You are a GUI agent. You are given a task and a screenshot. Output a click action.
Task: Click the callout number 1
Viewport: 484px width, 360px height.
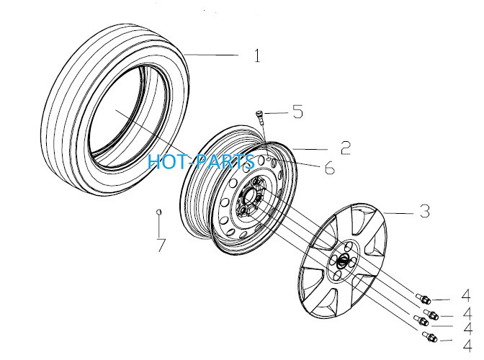(257, 56)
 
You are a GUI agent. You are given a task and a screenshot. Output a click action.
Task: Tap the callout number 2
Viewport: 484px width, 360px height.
(346, 148)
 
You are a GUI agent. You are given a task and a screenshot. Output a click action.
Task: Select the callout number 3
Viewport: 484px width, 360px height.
(425, 211)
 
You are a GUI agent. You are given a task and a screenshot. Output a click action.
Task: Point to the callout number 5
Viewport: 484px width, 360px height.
(297, 112)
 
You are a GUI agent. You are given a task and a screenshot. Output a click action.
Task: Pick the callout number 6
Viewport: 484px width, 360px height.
(329, 168)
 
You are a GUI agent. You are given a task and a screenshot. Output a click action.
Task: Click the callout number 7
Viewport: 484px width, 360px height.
(161, 245)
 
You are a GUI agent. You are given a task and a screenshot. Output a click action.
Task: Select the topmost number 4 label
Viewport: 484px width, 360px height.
(466, 295)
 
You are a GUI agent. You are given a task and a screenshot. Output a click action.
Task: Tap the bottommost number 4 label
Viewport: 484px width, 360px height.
(467, 345)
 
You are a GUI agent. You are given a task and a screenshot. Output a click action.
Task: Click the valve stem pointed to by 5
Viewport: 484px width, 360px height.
(260, 117)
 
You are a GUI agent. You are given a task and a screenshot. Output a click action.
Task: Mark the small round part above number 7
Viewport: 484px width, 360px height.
(158, 211)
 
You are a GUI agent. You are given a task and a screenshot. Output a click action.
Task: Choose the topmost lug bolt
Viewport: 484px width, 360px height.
(423, 298)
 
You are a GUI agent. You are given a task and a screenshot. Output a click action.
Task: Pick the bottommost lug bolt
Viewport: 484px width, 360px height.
(429, 336)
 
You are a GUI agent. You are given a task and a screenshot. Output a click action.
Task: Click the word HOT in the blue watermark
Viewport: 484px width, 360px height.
(168, 161)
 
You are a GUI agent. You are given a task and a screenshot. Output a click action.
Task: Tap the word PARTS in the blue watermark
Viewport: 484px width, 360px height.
(225, 161)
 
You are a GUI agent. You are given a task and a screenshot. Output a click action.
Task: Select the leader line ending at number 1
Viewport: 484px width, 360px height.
(211, 55)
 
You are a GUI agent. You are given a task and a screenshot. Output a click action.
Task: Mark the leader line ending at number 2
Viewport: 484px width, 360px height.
(310, 150)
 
